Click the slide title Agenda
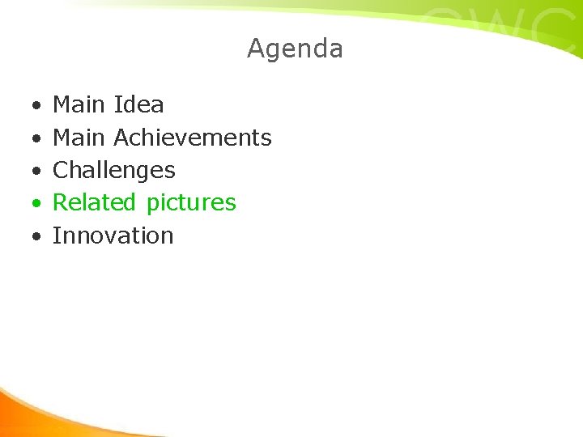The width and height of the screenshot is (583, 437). pyautogui.click(x=295, y=49)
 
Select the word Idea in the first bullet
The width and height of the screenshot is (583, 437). pyautogui.click(x=138, y=104)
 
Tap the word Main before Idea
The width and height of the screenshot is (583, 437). pyautogui.click(x=79, y=104)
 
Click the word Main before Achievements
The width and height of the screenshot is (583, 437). pyautogui.click(x=79, y=138)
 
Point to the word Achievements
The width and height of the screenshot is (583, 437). pyautogui.click(x=193, y=138)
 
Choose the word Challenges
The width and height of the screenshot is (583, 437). pyautogui.click(x=113, y=171)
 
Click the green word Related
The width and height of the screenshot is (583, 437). pyautogui.click(x=96, y=202)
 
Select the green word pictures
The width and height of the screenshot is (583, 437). pyautogui.click(x=191, y=203)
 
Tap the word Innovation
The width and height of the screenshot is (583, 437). pyautogui.click(x=113, y=235)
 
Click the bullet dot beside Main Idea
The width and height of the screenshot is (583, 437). pyautogui.click(x=36, y=106)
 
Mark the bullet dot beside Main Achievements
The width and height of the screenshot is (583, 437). pyautogui.click(x=36, y=139)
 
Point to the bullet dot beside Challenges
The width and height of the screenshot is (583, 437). pyautogui.click(x=36, y=172)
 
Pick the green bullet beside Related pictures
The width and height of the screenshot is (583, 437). pyautogui.click(x=36, y=204)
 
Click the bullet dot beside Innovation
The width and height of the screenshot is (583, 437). pyautogui.click(x=36, y=237)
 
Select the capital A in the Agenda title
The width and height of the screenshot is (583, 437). pyautogui.click(x=256, y=49)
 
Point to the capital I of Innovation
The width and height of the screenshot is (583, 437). pyautogui.click(x=56, y=235)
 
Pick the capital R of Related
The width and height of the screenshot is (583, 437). pyautogui.click(x=60, y=202)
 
